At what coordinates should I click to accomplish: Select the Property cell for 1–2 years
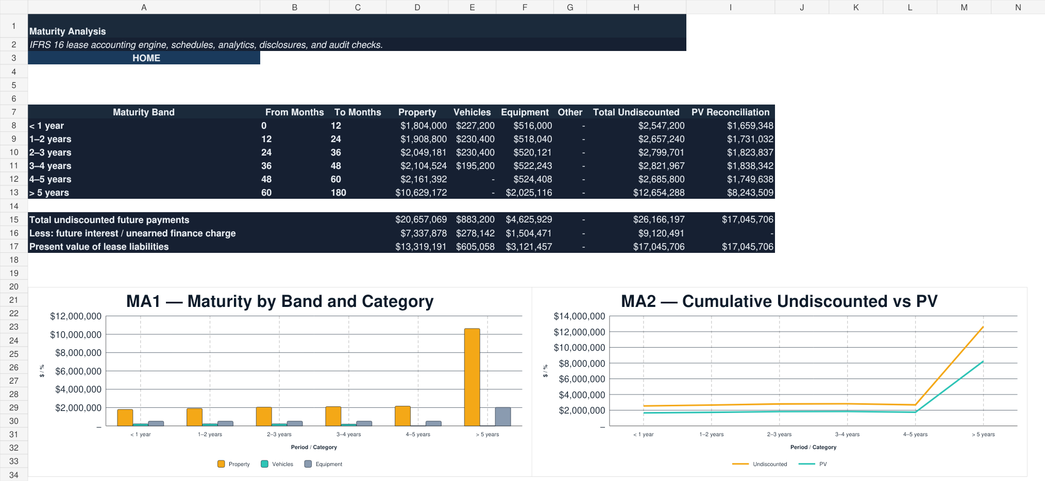424,139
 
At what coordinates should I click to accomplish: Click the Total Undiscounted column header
636,112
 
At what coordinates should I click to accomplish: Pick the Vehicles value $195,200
475,166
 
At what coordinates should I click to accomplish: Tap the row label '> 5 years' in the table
49,193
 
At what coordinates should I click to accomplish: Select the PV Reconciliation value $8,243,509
750,193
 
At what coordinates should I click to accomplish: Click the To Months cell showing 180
338,193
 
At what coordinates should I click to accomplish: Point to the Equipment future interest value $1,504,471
529,233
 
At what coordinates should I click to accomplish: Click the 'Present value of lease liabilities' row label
99,247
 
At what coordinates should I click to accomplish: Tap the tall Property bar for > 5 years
472,377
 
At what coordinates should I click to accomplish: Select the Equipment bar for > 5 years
503,417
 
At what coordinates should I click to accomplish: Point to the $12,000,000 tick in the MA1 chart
76,316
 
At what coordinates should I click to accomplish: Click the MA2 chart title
779,301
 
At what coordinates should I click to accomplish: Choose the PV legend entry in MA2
813,464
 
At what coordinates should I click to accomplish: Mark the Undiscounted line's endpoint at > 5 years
983,327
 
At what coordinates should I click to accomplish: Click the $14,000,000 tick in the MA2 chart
579,316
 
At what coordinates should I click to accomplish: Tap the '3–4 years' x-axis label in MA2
847,434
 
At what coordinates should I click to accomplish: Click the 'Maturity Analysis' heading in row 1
68,31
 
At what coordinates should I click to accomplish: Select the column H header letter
636,7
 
